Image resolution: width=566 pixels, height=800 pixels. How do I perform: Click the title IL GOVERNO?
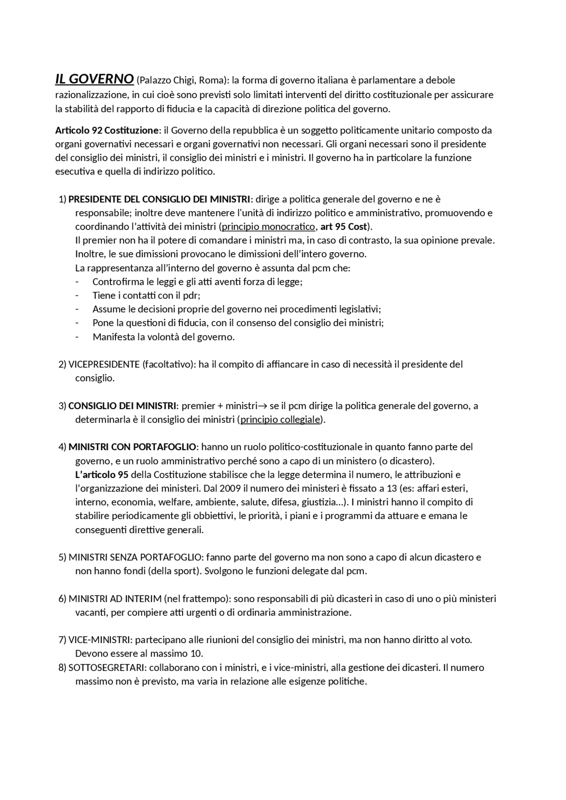[94, 79]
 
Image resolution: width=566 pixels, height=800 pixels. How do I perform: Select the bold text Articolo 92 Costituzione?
[107, 130]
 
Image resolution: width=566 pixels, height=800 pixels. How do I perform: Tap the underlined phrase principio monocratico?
[268, 227]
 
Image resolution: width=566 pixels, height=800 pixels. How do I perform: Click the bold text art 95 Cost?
[343, 227]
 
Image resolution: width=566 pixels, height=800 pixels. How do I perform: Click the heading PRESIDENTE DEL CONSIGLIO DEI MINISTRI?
[159, 199]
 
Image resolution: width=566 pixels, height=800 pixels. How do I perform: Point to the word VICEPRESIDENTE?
[104, 364]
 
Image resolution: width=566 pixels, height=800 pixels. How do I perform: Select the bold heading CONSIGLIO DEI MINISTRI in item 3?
[122, 406]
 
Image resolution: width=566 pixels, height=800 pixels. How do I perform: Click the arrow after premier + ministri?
[263, 406]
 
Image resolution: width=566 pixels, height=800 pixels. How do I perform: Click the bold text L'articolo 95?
[102, 475]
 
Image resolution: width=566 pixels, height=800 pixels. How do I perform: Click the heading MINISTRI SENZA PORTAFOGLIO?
[134, 557]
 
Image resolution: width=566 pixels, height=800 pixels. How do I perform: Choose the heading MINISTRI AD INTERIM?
[115, 599]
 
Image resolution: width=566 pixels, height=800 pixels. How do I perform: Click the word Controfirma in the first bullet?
[115, 282]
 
